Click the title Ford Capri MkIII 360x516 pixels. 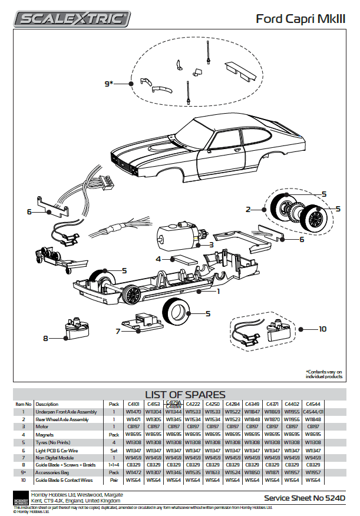click(300, 19)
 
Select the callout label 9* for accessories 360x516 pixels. click(108, 84)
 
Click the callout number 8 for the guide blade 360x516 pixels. click(45, 338)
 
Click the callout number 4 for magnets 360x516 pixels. click(158, 259)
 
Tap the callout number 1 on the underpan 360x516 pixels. click(218, 290)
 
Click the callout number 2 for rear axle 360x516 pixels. click(249, 209)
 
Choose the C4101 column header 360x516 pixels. click(131, 404)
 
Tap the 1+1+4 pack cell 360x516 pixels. click(114, 465)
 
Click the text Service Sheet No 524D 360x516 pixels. click(304, 498)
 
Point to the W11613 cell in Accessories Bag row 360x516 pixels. click(212, 472)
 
